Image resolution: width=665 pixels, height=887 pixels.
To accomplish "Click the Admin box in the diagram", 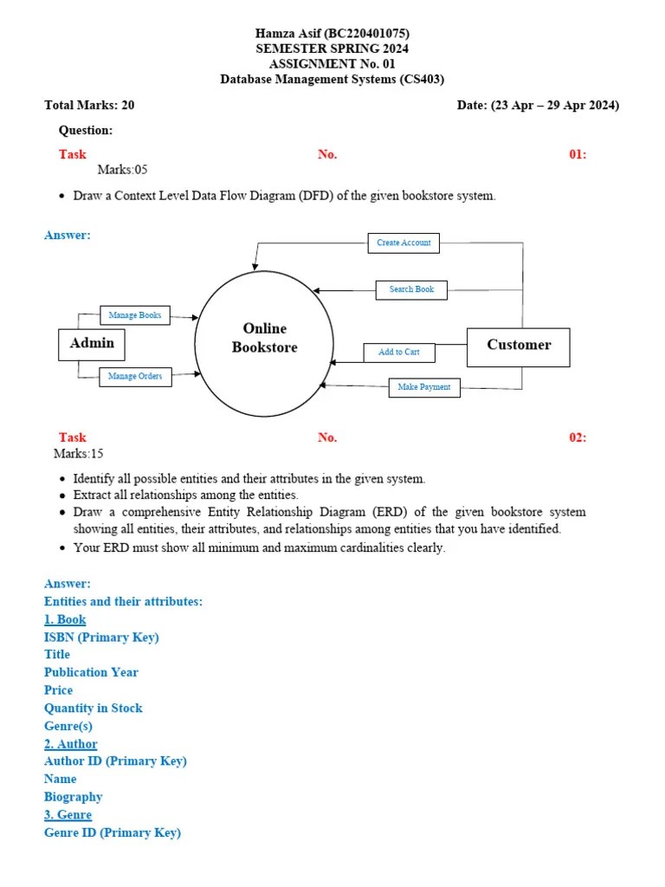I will (92, 344).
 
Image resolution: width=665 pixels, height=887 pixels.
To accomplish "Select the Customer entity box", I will (518, 346).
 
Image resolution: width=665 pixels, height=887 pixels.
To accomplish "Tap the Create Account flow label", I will (404, 243).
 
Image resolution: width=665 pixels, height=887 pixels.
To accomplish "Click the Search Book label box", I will (411, 289).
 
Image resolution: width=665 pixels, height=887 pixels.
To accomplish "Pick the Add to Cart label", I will (398, 353).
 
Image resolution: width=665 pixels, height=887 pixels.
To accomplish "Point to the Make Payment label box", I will (423, 387).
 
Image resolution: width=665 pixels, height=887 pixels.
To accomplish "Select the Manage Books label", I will (135, 315).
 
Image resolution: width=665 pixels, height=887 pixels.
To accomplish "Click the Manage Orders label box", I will (135, 377).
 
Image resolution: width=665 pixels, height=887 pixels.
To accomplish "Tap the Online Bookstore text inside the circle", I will (264, 338).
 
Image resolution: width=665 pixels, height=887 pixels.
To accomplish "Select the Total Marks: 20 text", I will (89, 106).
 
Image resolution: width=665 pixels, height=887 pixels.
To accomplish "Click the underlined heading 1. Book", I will (65, 619).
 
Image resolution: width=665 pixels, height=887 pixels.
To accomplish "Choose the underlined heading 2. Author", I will (70, 744).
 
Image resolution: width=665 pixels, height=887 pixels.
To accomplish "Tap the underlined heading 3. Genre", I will (68, 815).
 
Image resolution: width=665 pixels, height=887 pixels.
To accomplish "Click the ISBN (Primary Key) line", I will (101, 638).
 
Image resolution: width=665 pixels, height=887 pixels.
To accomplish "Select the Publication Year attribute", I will (91, 672).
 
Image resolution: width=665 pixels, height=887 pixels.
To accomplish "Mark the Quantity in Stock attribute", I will (93, 708).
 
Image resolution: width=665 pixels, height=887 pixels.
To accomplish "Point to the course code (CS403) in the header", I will (422, 80).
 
